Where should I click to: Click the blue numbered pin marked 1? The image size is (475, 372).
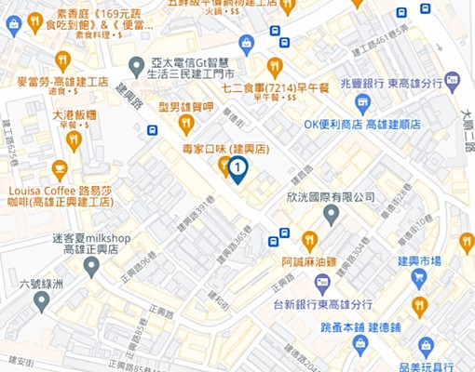[237, 168]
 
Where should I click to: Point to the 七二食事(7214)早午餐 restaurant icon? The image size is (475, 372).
[274, 67]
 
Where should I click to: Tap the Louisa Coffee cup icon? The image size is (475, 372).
[60, 170]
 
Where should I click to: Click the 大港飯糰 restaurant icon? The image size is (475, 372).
[74, 140]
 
